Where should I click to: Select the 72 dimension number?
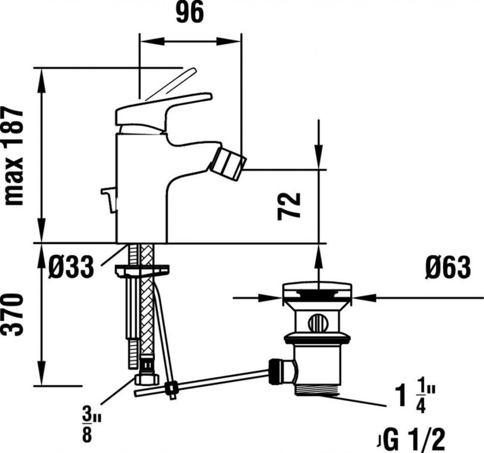tap(289, 206)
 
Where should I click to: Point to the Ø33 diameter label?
tap(71, 267)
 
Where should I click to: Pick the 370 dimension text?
tap(14, 315)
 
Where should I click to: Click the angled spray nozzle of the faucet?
tap(228, 163)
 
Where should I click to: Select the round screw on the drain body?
tap(317, 323)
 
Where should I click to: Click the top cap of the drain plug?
tap(318, 290)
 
